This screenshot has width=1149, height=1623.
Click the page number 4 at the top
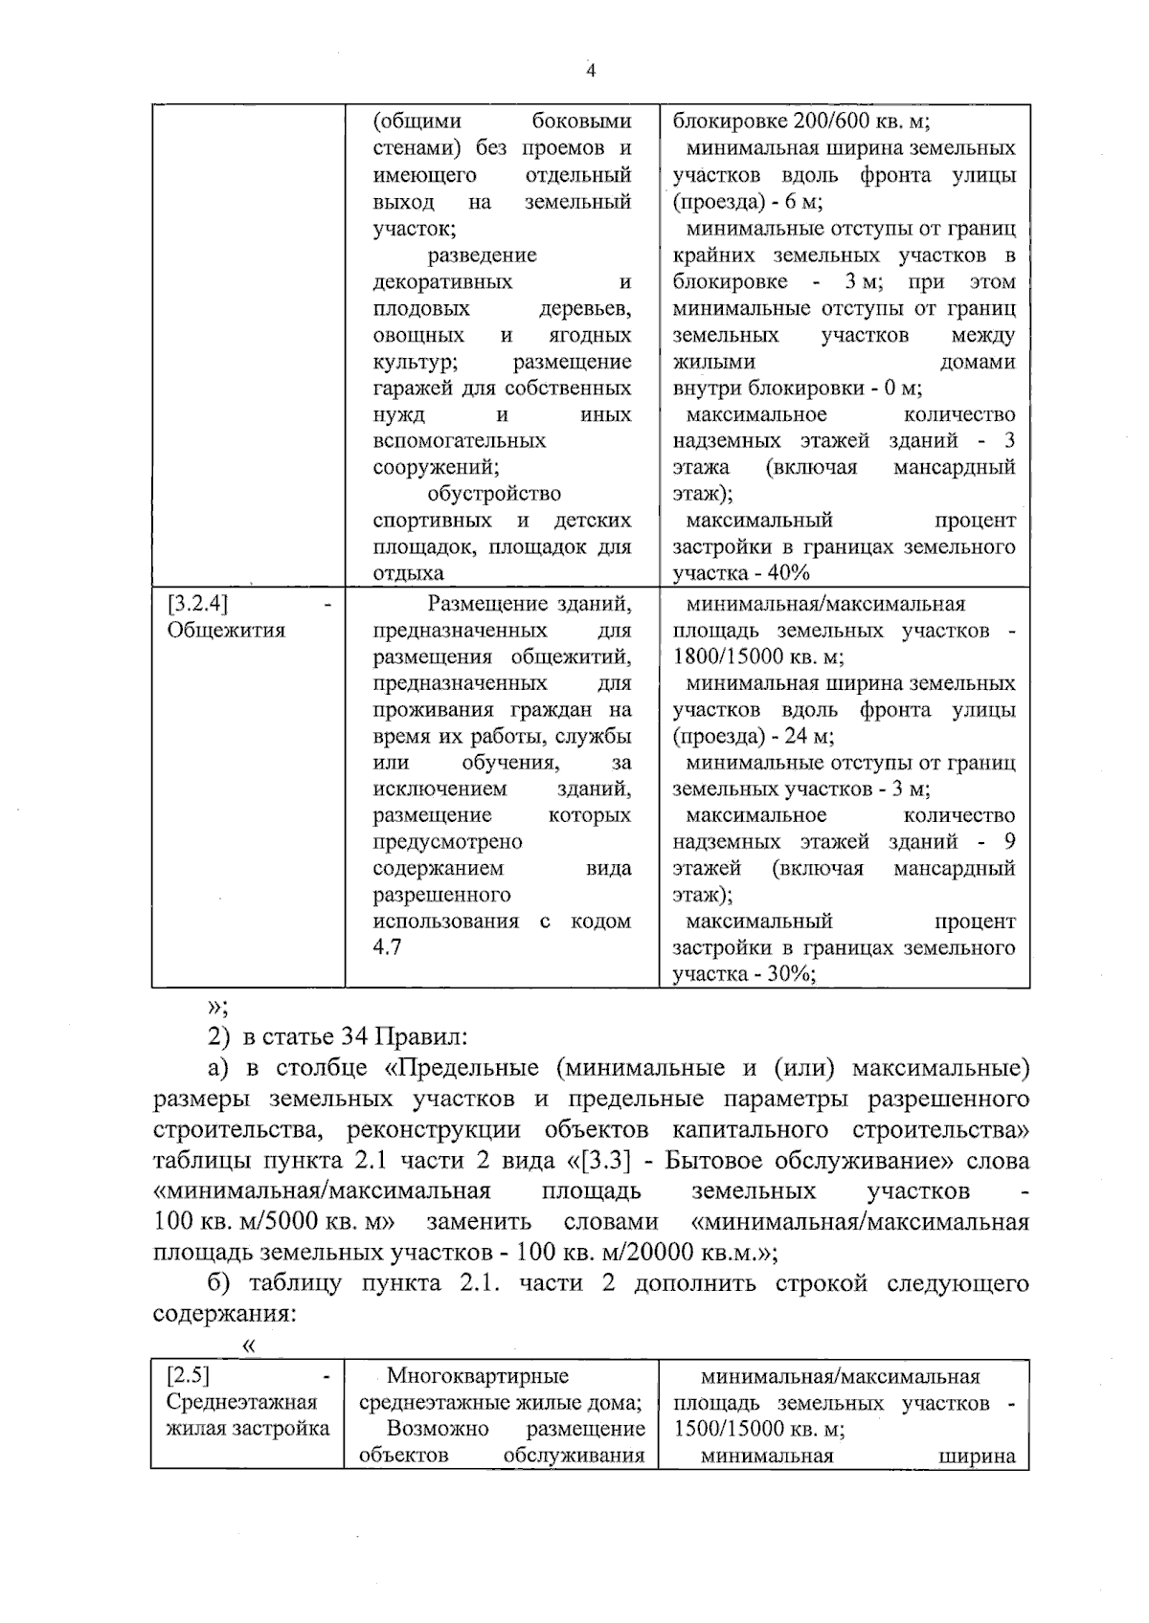tap(591, 71)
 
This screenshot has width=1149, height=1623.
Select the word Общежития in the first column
tap(226, 631)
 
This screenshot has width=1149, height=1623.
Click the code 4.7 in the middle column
tap(387, 947)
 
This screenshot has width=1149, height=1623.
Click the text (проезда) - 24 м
tap(754, 737)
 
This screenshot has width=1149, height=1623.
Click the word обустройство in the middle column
tap(494, 494)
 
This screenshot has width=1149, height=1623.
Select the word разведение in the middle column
tap(482, 256)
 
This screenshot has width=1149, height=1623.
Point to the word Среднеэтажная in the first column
tap(241, 1403)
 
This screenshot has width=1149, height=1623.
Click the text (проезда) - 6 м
tap(748, 202)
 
